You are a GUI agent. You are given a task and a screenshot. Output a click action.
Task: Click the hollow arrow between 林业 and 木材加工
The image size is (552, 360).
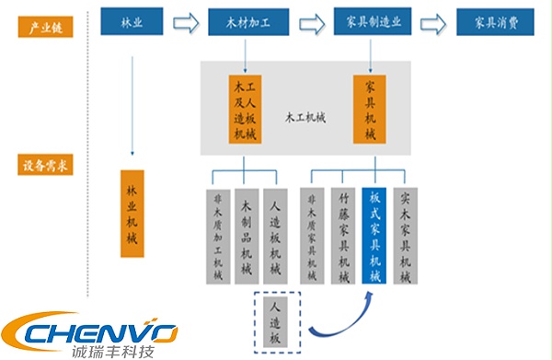tap(187, 21)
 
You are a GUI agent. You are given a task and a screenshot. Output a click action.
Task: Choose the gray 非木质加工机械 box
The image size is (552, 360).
tap(218, 236)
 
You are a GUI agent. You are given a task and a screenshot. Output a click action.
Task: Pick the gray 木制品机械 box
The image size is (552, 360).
tap(246, 236)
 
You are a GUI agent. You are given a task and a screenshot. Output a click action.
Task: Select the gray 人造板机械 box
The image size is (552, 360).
tap(273, 236)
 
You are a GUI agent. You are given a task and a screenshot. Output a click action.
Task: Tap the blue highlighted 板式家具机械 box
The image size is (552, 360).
tap(375, 236)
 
